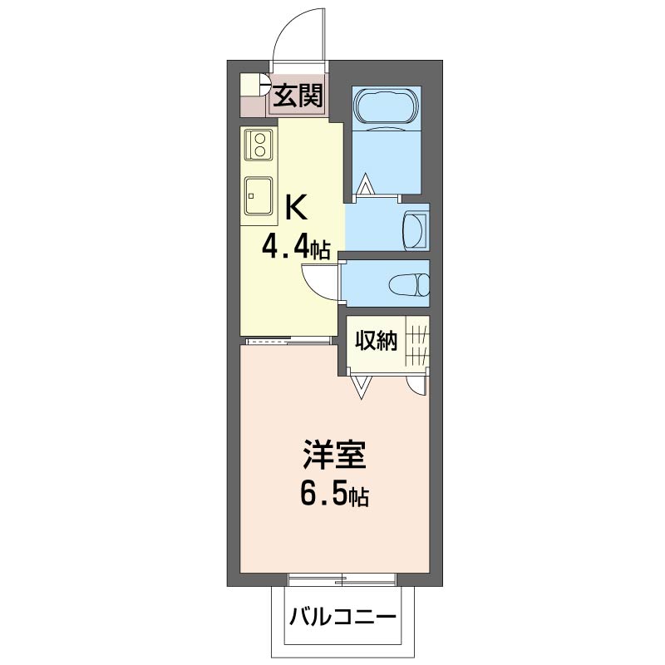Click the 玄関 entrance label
(x=298, y=96)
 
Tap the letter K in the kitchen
(x=296, y=207)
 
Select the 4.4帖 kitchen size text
(x=296, y=248)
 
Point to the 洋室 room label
(x=334, y=455)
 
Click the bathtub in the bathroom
(x=387, y=109)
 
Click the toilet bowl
(x=409, y=284)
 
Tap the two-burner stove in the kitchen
(x=259, y=145)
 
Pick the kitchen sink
(x=259, y=195)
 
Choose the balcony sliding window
(x=342, y=579)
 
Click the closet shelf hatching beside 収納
(x=417, y=342)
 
